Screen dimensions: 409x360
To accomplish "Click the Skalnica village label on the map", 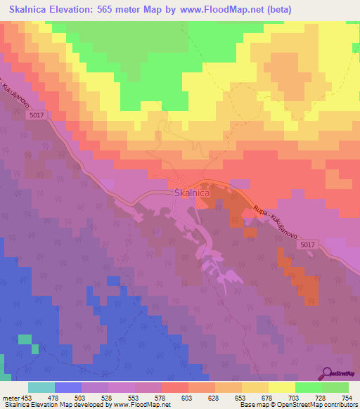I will (189, 192).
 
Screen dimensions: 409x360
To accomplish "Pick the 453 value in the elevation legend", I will (27, 398).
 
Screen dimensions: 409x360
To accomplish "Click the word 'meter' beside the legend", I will (10, 398).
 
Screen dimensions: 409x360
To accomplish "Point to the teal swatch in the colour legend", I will (41, 387).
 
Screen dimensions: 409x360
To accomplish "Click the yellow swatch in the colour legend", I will (282, 387).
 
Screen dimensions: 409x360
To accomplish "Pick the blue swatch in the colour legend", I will (68, 387).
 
